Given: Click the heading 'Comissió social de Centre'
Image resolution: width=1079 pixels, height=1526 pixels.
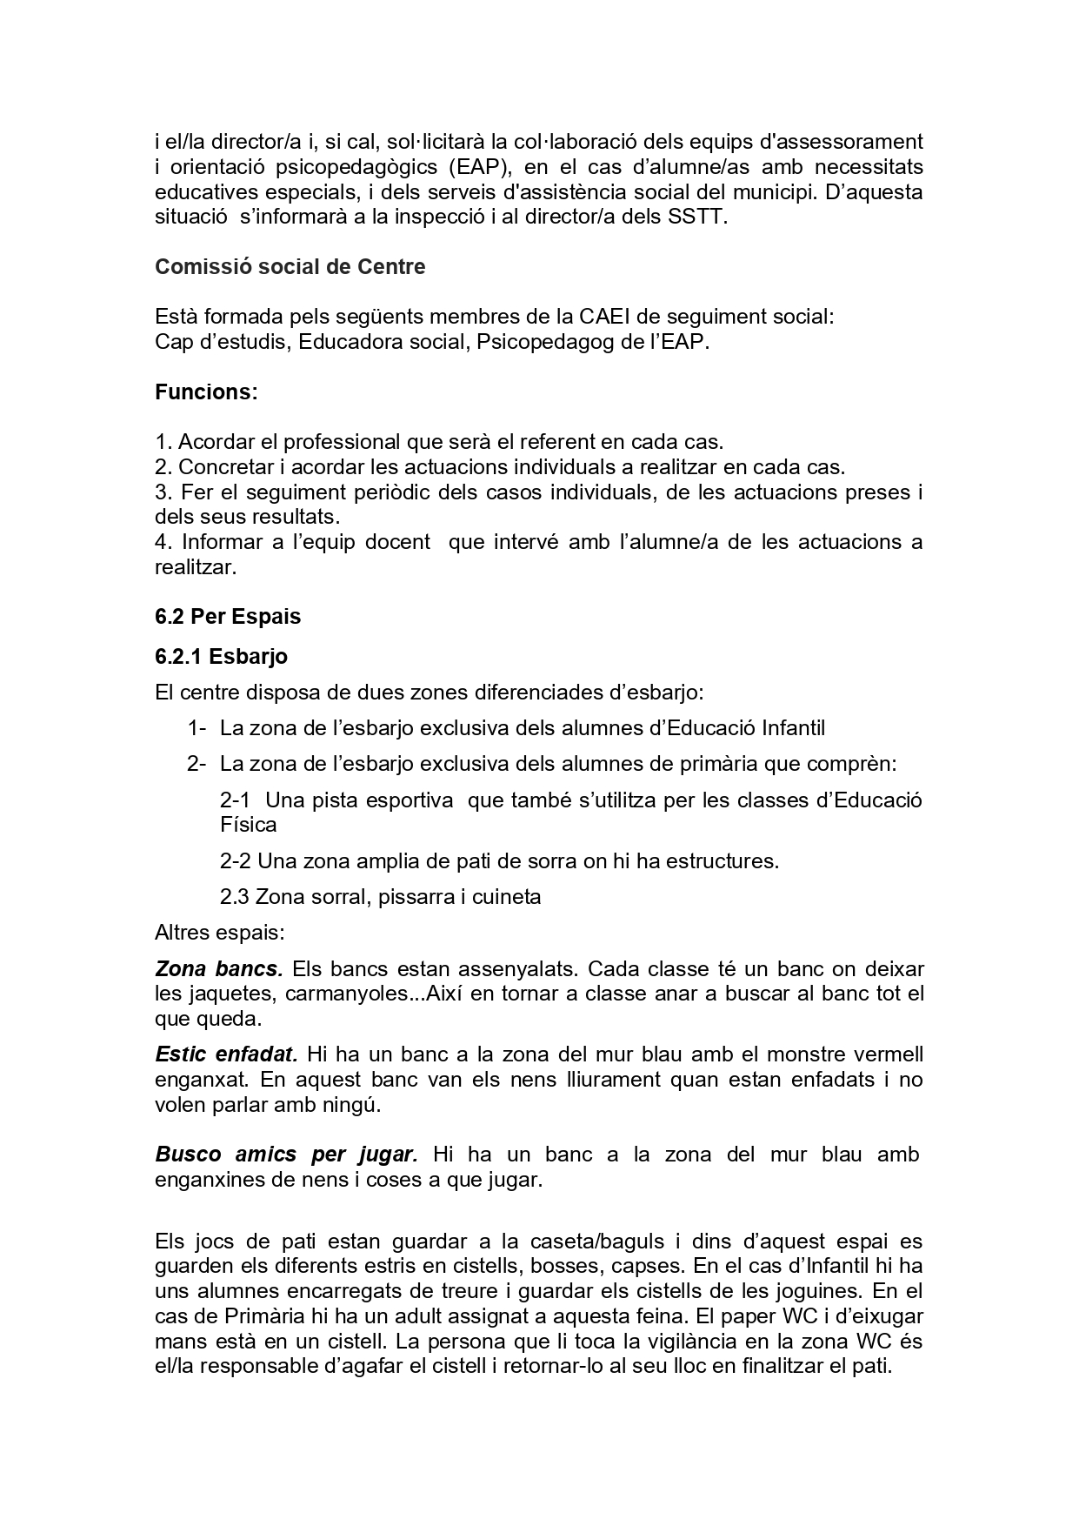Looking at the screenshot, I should click(x=290, y=267).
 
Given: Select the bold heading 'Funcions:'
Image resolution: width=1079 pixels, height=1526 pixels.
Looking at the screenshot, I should click(x=206, y=392).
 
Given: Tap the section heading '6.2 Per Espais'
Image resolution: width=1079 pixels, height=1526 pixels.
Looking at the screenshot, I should click(x=228, y=617).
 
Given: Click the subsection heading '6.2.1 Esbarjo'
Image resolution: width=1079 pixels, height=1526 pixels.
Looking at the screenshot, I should click(x=221, y=656).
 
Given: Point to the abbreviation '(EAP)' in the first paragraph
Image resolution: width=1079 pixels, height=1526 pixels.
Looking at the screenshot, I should click(x=480, y=166).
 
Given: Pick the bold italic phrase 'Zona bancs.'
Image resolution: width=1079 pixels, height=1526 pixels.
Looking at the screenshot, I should click(x=218, y=968).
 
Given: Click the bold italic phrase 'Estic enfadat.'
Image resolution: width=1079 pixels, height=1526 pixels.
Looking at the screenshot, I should click(x=226, y=1054).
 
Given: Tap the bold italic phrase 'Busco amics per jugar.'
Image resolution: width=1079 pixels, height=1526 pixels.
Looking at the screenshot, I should click(x=287, y=1155).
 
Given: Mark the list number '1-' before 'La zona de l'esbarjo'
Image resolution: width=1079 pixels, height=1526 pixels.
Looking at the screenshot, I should click(x=196, y=728).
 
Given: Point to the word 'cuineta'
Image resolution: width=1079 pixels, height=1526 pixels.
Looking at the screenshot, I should click(x=507, y=897).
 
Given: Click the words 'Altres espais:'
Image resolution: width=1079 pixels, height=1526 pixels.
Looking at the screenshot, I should click(x=219, y=933).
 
